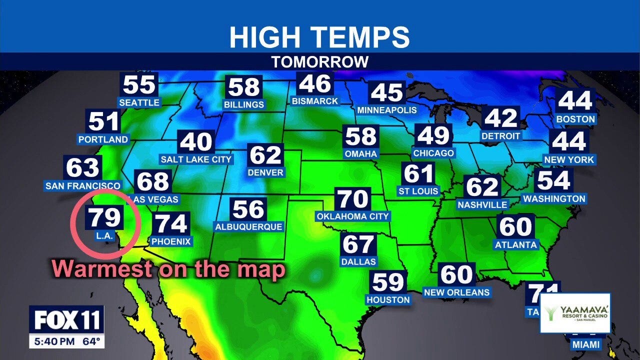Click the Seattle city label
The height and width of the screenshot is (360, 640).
coord(139,102)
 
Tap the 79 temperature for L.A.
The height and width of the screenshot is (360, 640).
coord(105,217)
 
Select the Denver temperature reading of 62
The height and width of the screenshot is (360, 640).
coord(265,155)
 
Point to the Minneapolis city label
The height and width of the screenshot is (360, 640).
coord(387,110)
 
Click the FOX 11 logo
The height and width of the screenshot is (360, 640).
coord(66,320)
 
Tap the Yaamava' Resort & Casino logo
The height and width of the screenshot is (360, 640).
coord(575,313)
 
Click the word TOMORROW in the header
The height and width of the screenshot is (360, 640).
coord(320,62)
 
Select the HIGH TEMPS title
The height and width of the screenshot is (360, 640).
coord(320,37)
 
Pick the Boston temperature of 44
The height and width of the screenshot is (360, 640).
coord(575,101)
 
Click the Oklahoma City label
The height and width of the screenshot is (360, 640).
coord(352,216)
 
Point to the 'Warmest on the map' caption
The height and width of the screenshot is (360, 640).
coord(168,269)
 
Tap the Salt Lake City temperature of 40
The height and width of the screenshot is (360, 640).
coord(196,142)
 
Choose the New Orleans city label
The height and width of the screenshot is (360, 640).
coord(457,292)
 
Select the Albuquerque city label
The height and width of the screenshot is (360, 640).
coord(249,226)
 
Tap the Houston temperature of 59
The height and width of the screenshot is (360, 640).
coord(388,282)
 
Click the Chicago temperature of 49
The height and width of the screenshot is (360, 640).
coord(433,135)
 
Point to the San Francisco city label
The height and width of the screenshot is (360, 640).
coord(83,186)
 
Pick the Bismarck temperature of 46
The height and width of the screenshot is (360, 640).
coord(315,84)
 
